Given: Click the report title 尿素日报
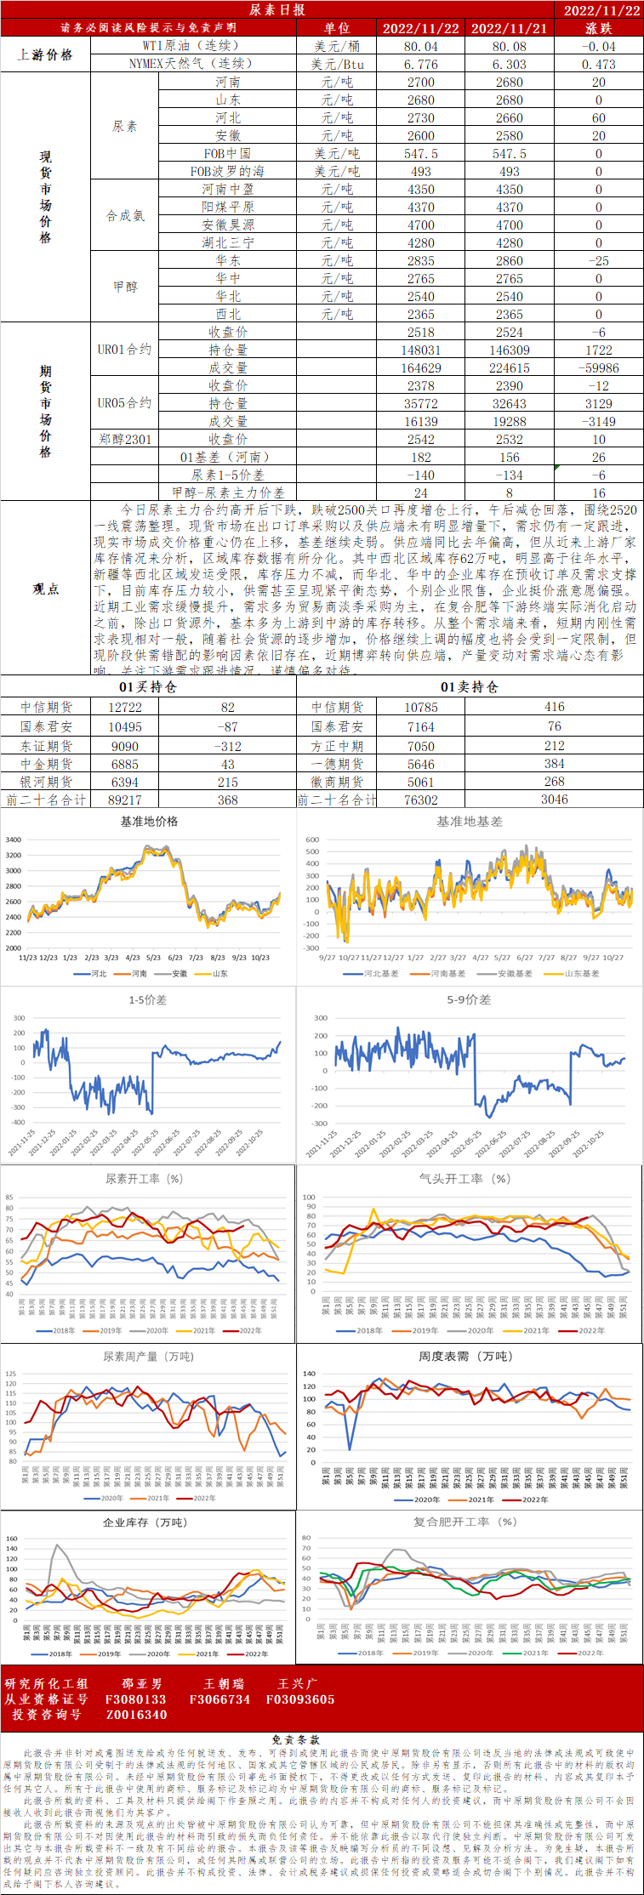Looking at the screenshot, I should (x=276, y=10).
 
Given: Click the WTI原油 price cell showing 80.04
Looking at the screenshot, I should (x=420, y=47).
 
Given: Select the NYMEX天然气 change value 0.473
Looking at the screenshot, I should (x=598, y=65).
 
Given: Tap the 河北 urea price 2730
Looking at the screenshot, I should (x=420, y=118).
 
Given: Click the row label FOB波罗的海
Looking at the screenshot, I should (x=227, y=172).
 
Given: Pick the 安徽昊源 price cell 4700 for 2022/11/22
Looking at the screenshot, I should (x=420, y=225).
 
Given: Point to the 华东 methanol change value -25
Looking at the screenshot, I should (x=598, y=261).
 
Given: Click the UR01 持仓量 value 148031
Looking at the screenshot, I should (x=420, y=350).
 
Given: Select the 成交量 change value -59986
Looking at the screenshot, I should (x=598, y=368).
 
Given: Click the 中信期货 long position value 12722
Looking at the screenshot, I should (x=125, y=708).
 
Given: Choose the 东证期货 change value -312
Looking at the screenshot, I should (x=227, y=747).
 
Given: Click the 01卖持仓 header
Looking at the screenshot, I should (x=469, y=687).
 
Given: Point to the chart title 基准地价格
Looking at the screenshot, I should (x=149, y=822).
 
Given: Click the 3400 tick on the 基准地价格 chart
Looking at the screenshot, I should (x=14, y=840).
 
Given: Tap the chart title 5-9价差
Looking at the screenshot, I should (x=469, y=1000).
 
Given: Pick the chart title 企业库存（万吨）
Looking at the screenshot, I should (x=145, y=1522).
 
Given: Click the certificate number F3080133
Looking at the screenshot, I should (x=135, y=1699).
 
